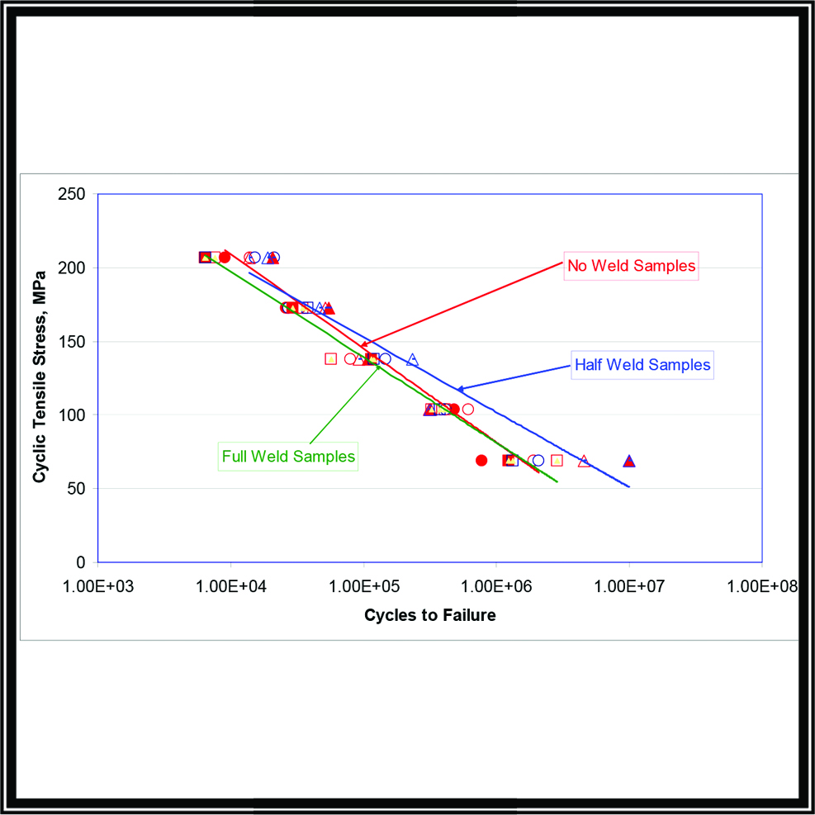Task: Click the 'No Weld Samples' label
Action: coord(632,266)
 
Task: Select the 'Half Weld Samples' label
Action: coord(642,365)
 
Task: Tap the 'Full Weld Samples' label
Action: coord(288,456)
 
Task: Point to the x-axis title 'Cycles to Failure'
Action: coord(430,615)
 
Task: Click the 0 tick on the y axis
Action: coord(81,561)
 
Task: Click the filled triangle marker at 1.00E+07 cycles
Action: coord(629,461)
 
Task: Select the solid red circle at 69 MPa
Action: coord(481,460)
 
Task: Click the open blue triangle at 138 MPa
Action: coord(412,359)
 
